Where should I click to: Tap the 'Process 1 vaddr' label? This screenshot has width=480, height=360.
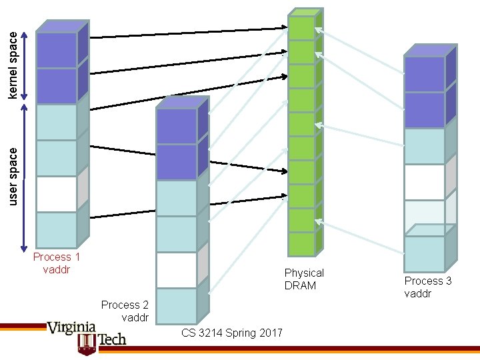[57, 263]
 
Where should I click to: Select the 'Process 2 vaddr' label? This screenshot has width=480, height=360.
[125, 311]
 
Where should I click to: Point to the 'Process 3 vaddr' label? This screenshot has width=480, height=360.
[428, 287]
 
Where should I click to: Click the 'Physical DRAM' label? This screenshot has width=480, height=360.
[304, 279]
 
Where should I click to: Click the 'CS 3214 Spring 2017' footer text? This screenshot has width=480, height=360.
[231, 333]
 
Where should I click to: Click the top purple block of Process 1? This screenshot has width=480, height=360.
[57, 50]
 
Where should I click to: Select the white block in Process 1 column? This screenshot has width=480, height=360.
[57, 194]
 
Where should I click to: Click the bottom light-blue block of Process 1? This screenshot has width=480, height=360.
[57, 230]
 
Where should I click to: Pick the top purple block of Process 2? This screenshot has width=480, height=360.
[177, 126]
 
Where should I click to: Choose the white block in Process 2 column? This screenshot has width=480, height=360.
[177, 270]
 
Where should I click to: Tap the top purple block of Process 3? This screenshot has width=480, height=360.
[425, 74]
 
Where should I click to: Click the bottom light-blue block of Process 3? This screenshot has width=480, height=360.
[425, 253]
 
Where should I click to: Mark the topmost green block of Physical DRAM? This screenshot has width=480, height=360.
[302, 28]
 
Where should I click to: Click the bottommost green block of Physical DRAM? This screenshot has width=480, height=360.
[302, 244]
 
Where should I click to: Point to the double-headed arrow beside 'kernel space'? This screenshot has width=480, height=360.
[25, 67]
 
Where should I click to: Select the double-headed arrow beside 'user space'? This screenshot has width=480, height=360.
[25, 177]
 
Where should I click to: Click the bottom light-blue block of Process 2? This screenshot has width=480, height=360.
[177, 305]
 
